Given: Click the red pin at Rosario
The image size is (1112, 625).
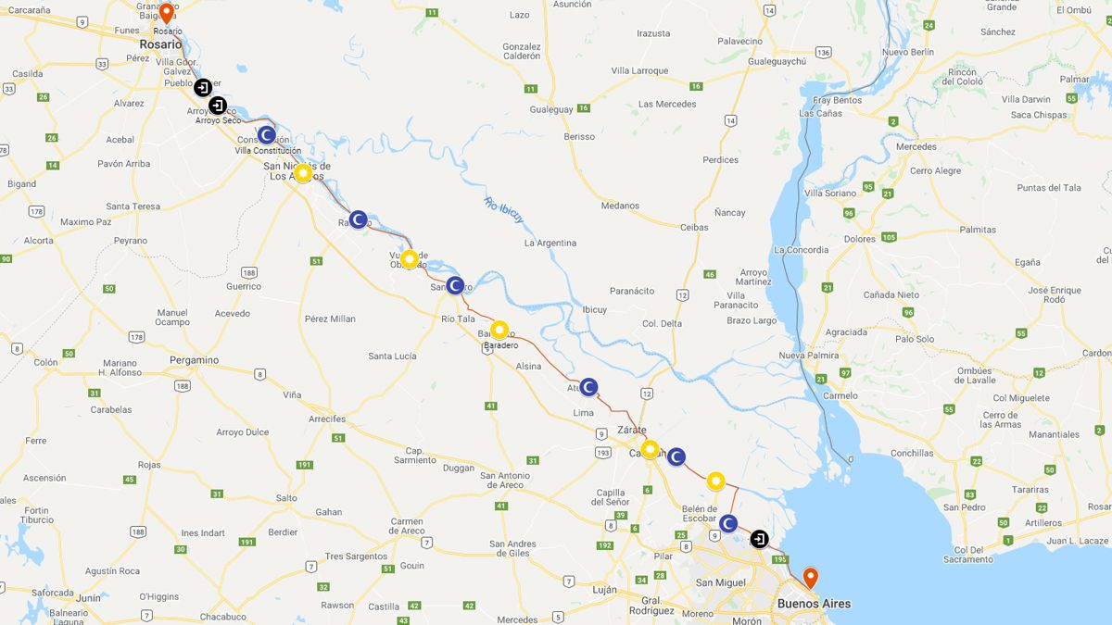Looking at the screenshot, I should pyautogui.click(x=166, y=14).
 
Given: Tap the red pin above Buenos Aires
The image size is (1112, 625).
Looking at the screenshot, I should pyautogui.click(x=810, y=578).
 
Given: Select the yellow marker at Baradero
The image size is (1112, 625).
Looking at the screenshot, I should pyautogui.click(x=499, y=330).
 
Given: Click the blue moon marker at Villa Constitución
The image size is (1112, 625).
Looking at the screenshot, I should pyautogui.click(x=266, y=134).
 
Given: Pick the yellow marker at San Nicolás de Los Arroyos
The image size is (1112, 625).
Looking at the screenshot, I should pyautogui.click(x=302, y=173).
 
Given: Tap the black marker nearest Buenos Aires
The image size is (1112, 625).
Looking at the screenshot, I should pyautogui.click(x=759, y=539).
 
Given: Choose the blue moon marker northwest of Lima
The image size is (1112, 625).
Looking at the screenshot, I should pyautogui.click(x=588, y=387).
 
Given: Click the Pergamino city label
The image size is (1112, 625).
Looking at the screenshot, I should pyautogui.click(x=194, y=360).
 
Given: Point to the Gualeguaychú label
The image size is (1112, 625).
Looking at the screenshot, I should pyautogui.click(x=778, y=61).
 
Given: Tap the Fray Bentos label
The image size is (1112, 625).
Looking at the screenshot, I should pyautogui.click(x=837, y=100).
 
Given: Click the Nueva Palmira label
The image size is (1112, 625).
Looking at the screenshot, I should pyautogui.click(x=809, y=356).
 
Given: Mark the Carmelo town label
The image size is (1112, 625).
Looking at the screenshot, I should pyautogui.click(x=840, y=395).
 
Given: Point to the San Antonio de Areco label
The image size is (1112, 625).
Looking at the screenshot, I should pyautogui.click(x=505, y=480).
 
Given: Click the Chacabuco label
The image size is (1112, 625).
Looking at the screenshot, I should pyautogui.click(x=222, y=617).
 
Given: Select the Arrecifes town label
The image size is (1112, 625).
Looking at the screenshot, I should pyautogui.click(x=327, y=419).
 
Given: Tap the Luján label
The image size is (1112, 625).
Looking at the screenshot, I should pyautogui.click(x=604, y=590).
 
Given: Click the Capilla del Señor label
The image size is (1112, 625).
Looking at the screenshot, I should pyautogui.click(x=611, y=497).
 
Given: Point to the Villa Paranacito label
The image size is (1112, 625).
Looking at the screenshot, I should pyautogui.click(x=736, y=300).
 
